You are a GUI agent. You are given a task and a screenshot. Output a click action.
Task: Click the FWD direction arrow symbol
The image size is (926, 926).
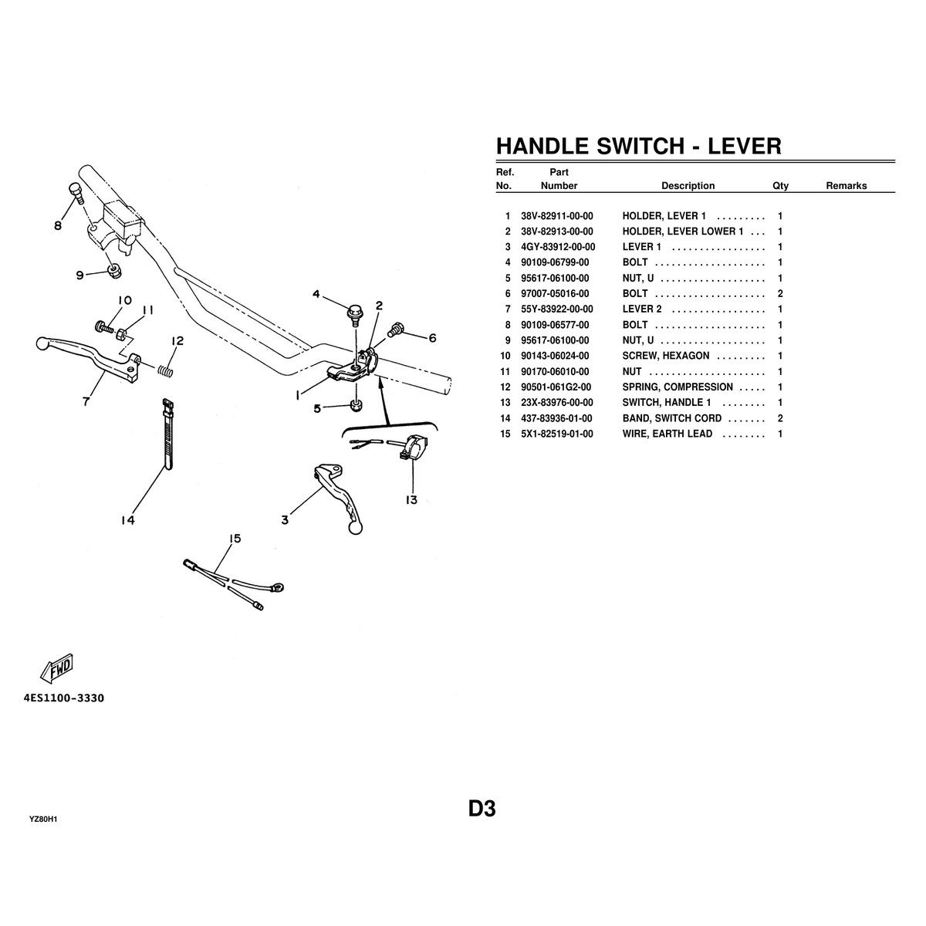[x=58, y=668]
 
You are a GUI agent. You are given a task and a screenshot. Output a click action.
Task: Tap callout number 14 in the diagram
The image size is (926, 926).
[x=127, y=520]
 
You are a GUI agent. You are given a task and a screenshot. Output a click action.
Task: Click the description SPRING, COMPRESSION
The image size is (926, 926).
[x=677, y=387]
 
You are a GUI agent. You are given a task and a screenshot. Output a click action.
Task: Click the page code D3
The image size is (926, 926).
[x=481, y=809]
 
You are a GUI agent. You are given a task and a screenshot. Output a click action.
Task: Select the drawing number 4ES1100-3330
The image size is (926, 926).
[x=64, y=698]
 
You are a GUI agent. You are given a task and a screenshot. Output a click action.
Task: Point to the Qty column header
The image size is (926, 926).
[x=780, y=186]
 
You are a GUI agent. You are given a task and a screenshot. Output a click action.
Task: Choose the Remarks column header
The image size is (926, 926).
[x=846, y=186]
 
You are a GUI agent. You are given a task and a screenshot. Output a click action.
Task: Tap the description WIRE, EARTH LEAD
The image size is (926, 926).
[x=667, y=434]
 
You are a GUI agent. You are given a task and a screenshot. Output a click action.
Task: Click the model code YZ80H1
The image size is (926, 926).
[x=44, y=819]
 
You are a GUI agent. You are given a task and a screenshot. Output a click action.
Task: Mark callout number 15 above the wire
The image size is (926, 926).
[x=235, y=539]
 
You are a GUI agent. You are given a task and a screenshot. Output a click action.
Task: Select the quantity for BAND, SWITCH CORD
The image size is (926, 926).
[x=780, y=418]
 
